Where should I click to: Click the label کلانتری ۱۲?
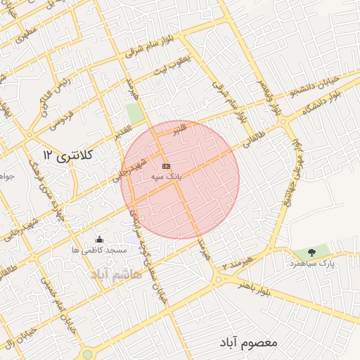coord(67,154)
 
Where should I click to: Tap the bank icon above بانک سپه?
coord(166,165)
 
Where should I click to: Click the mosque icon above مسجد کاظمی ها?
coord(98,239)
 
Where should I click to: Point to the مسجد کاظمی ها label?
coord(99,250)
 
